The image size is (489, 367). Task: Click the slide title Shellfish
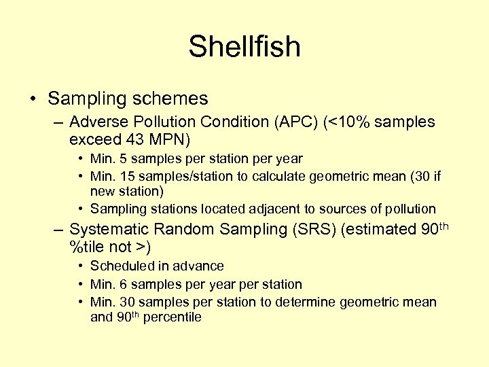pos(244,48)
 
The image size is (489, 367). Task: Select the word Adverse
pos(96,122)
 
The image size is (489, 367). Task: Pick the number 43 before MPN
pos(135,140)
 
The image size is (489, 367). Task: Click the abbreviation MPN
pos(167,140)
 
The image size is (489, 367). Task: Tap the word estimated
pos(378,230)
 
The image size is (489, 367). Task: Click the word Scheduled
pos(120,266)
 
